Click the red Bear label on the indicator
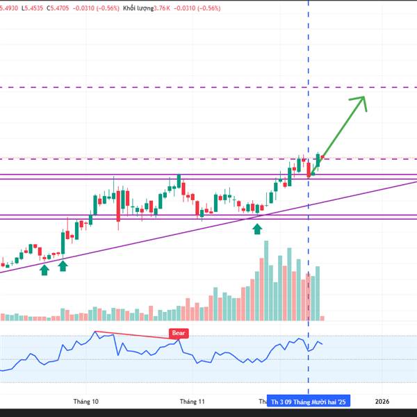point(179,334)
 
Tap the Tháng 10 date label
point(85,401)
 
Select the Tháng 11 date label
point(192,401)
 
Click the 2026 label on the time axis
point(382,401)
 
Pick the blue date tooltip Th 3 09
point(309,401)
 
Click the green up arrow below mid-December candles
point(257,228)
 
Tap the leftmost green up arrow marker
point(44,268)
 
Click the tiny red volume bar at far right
point(322,318)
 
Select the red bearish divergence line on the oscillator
point(132,335)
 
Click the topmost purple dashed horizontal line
point(208,88)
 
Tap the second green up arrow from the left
point(63,265)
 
